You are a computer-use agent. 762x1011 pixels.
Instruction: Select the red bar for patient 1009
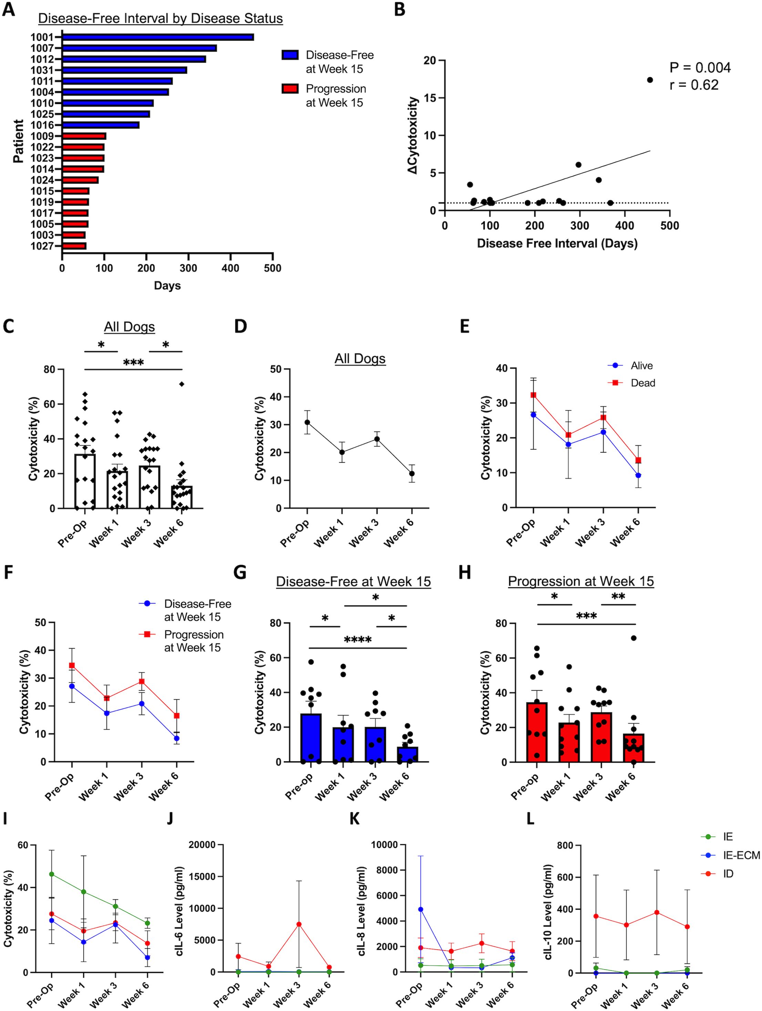click(x=84, y=136)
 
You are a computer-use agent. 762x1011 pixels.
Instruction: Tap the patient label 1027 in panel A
click(x=42, y=246)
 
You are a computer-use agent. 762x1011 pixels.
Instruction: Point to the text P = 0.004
click(x=700, y=68)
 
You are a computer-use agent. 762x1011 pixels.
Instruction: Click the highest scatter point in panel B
click(x=650, y=80)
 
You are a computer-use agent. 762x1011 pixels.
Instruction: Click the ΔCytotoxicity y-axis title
click(x=414, y=135)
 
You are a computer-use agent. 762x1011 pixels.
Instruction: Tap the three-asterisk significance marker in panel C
click(x=133, y=363)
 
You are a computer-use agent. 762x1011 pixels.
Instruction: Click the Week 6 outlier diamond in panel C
click(x=182, y=384)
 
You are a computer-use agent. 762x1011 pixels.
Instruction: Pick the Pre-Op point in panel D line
click(x=307, y=422)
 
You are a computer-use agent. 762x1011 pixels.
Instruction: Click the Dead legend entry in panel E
click(x=642, y=383)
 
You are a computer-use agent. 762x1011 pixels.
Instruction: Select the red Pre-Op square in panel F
click(x=72, y=666)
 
